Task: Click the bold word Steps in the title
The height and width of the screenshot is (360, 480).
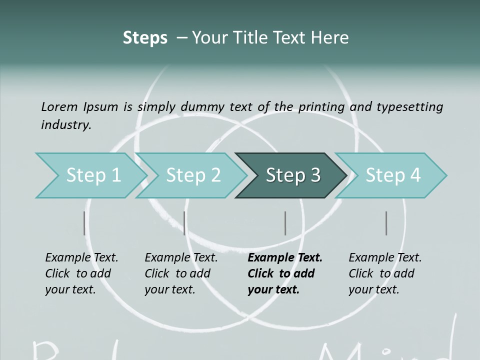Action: (145, 38)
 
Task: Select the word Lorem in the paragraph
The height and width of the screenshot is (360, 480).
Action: (59, 106)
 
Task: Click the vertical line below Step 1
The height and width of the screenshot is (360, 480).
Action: (84, 223)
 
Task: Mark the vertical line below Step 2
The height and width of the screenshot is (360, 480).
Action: (184, 223)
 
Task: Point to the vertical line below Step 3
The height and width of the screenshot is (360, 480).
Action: (285, 223)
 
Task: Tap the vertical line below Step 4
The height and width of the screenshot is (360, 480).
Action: (386, 223)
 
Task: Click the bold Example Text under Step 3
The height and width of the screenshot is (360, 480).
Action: (284, 273)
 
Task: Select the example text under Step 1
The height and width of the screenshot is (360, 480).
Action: (81, 273)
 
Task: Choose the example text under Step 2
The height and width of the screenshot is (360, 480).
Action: (180, 273)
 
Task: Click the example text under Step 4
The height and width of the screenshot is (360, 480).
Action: (384, 273)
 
